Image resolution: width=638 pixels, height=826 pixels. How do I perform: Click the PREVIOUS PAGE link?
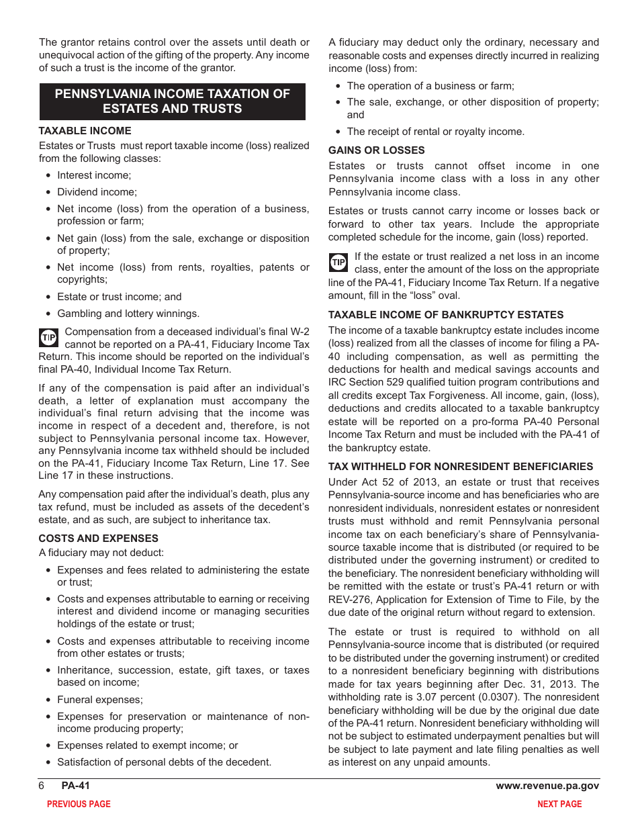click(79, 804)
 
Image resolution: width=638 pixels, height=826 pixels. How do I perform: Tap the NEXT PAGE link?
click(559, 804)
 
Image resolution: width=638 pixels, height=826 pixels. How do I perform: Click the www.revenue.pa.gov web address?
click(547, 786)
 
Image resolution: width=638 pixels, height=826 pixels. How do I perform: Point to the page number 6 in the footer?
click(42, 786)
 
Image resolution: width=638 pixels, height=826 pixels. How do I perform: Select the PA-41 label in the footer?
click(75, 786)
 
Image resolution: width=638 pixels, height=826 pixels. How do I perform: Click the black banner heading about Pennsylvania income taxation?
click(172, 101)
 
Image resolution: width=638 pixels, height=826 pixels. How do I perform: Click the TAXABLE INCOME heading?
click(85, 131)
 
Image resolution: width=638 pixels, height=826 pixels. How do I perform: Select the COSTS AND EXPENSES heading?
click(98, 539)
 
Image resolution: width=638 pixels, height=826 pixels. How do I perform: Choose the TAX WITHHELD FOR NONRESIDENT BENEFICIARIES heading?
click(460, 467)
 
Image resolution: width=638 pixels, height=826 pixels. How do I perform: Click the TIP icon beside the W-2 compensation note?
click(48, 337)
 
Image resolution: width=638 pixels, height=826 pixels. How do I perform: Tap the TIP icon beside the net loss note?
click(338, 262)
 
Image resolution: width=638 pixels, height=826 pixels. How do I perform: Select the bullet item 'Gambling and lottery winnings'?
click(128, 314)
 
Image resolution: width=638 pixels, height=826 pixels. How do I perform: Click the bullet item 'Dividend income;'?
click(96, 192)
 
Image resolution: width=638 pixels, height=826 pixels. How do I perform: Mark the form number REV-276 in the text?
click(351, 600)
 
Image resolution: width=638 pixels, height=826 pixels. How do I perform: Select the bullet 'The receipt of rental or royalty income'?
click(435, 132)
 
